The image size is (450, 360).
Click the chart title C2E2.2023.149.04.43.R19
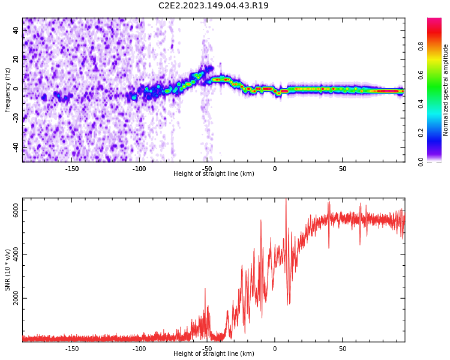[x=214, y=5]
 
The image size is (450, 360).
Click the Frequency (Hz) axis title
[x=7, y=90]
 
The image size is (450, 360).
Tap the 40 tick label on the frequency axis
[x=16, y=30]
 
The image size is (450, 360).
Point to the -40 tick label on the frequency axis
[x=16, y=148]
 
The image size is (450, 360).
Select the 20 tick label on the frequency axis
[x=16, y=59]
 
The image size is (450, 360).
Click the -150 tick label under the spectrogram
[x=72, y=169]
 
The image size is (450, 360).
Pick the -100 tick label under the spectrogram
[x=139, y=169]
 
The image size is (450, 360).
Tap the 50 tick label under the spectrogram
[x=343, y=169]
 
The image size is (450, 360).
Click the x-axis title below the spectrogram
[x=214, y=173]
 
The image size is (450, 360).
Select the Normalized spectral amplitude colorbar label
[x=445, y=90]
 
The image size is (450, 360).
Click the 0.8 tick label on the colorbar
[x=421, y=46]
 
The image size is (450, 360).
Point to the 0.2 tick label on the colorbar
[x=421, y=133]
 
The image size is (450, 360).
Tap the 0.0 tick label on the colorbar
[x=421, y=162]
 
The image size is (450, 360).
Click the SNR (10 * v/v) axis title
[x=7, y=270]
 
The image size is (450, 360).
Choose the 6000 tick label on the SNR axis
[x=16, y=211]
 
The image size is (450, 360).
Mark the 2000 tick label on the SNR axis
[x=16, y=299]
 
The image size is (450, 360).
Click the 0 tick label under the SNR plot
[x=275, y=349]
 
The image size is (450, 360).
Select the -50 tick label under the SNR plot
[x=207, y=349]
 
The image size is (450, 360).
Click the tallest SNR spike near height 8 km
[x=286, y=199]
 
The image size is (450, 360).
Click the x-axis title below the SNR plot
[x=214, y=353]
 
